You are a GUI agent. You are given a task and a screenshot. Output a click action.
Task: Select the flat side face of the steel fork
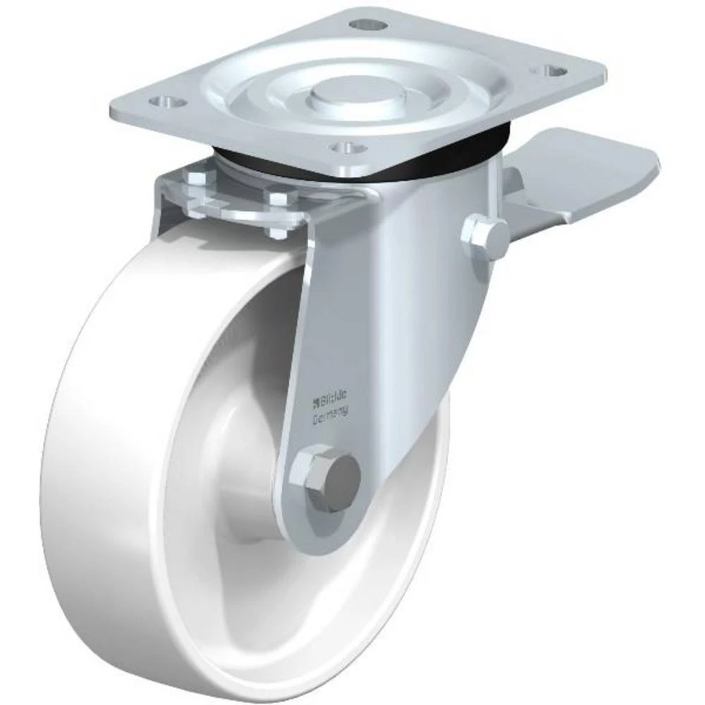point(395,317)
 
